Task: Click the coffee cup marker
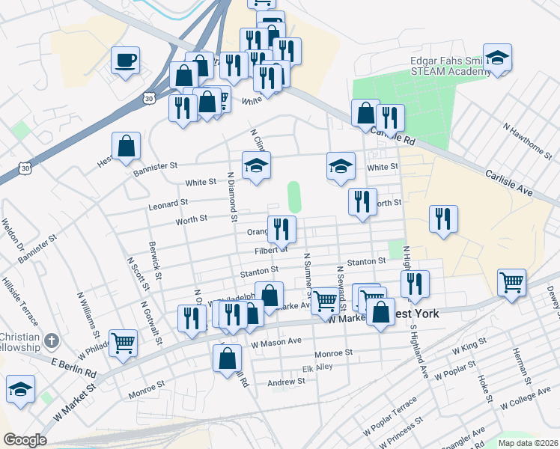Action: (125, 60)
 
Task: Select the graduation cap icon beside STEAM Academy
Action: (496, 59)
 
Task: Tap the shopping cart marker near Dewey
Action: (511, 283)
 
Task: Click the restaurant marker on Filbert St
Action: (281, 229)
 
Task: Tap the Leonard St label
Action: (168, 204)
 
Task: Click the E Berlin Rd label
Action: (74, 367)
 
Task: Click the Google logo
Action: (25, 440)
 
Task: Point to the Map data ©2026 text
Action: (528, 443)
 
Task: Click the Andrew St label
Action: (286, 382)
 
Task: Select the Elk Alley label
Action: (317, 368)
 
